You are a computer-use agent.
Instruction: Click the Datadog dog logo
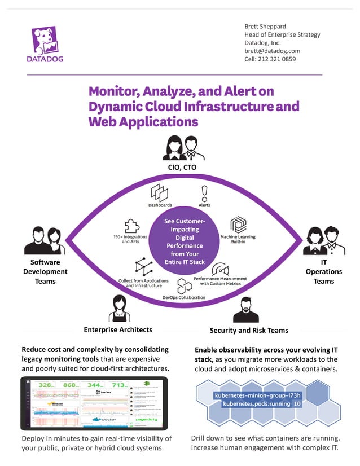pos(46,42)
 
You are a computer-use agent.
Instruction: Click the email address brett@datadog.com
pos(272,51)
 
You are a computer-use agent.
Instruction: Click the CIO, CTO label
pos(181,167)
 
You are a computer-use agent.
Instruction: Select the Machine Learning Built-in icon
pos(238,225)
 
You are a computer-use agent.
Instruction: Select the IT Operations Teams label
pos(324,271)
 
